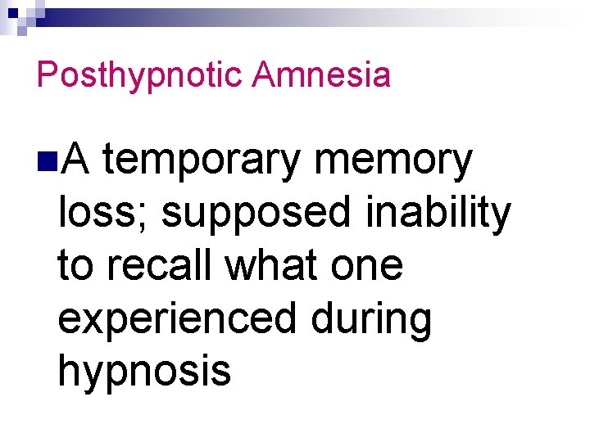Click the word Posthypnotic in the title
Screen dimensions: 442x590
point(139,76)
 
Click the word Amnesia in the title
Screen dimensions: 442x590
point(321,74)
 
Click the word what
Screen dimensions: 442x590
point(270,266)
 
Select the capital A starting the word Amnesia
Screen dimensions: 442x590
point(263,74)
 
